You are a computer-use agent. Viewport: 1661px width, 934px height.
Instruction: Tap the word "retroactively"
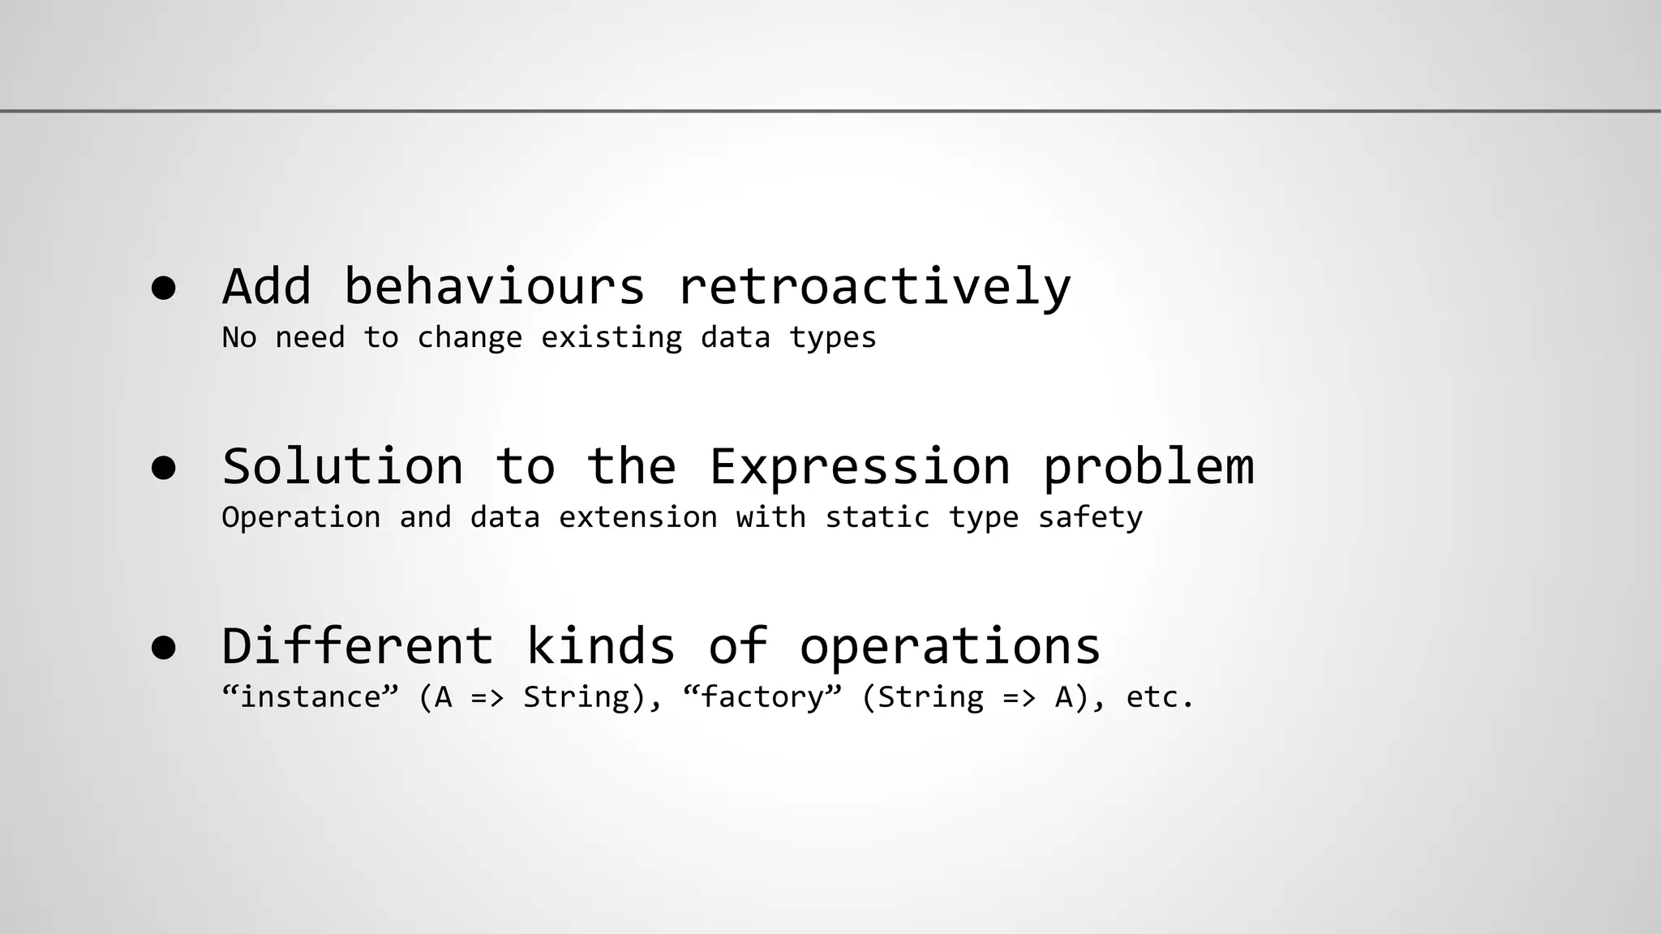point(874,288)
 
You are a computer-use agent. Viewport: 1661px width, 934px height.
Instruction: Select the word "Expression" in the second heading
point(860,467)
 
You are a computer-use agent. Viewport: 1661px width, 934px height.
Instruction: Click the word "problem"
point(1148,469)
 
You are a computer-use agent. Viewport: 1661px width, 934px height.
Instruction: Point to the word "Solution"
point(342,467)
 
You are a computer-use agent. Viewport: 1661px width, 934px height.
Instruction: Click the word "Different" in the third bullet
point(357,646)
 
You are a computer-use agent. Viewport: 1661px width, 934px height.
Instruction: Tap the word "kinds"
point(600,646)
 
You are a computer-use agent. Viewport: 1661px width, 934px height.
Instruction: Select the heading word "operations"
point(950,648)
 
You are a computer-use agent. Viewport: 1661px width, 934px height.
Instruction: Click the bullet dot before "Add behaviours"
point(164,288)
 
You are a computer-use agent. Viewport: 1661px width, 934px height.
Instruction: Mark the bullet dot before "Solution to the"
point(164,468)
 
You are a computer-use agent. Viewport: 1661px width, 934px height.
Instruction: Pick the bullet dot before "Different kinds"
point(164,648)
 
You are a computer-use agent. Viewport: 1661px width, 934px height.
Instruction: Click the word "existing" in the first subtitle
point(612,337)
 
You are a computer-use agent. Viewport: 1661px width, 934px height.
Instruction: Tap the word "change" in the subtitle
point(470,337)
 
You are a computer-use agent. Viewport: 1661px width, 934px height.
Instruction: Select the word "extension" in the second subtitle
point(638,517)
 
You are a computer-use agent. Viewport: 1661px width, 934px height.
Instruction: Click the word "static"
point(878,517)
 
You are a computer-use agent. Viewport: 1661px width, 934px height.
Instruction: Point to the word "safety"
point(1090,517)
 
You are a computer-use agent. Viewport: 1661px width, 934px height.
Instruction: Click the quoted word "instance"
point(311,696)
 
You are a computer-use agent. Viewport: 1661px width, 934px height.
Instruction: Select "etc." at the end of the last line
point(1160,697)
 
